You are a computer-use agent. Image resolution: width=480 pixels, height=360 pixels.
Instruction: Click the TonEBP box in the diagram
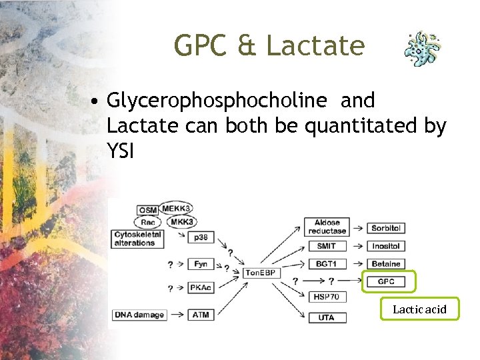coord(261,273)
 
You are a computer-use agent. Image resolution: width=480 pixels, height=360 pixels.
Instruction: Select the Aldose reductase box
coord(327,227)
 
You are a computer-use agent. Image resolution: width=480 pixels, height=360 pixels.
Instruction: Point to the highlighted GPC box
coord(387,281)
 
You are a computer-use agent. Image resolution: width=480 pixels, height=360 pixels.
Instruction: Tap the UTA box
coord(327,317)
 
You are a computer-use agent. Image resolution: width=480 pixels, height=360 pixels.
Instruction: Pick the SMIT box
coord(327,246)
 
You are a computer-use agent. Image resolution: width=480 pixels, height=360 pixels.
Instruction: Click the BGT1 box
coord(327,264)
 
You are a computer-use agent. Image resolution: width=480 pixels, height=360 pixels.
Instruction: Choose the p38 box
coord(201,237)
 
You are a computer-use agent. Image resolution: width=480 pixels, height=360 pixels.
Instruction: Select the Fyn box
coord(201,264)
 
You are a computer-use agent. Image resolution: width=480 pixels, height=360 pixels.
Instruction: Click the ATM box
coord(201,315)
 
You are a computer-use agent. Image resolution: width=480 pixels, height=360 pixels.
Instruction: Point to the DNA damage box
coord(139,315)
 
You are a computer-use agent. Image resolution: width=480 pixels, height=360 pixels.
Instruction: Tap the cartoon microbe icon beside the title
coord(423,48)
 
